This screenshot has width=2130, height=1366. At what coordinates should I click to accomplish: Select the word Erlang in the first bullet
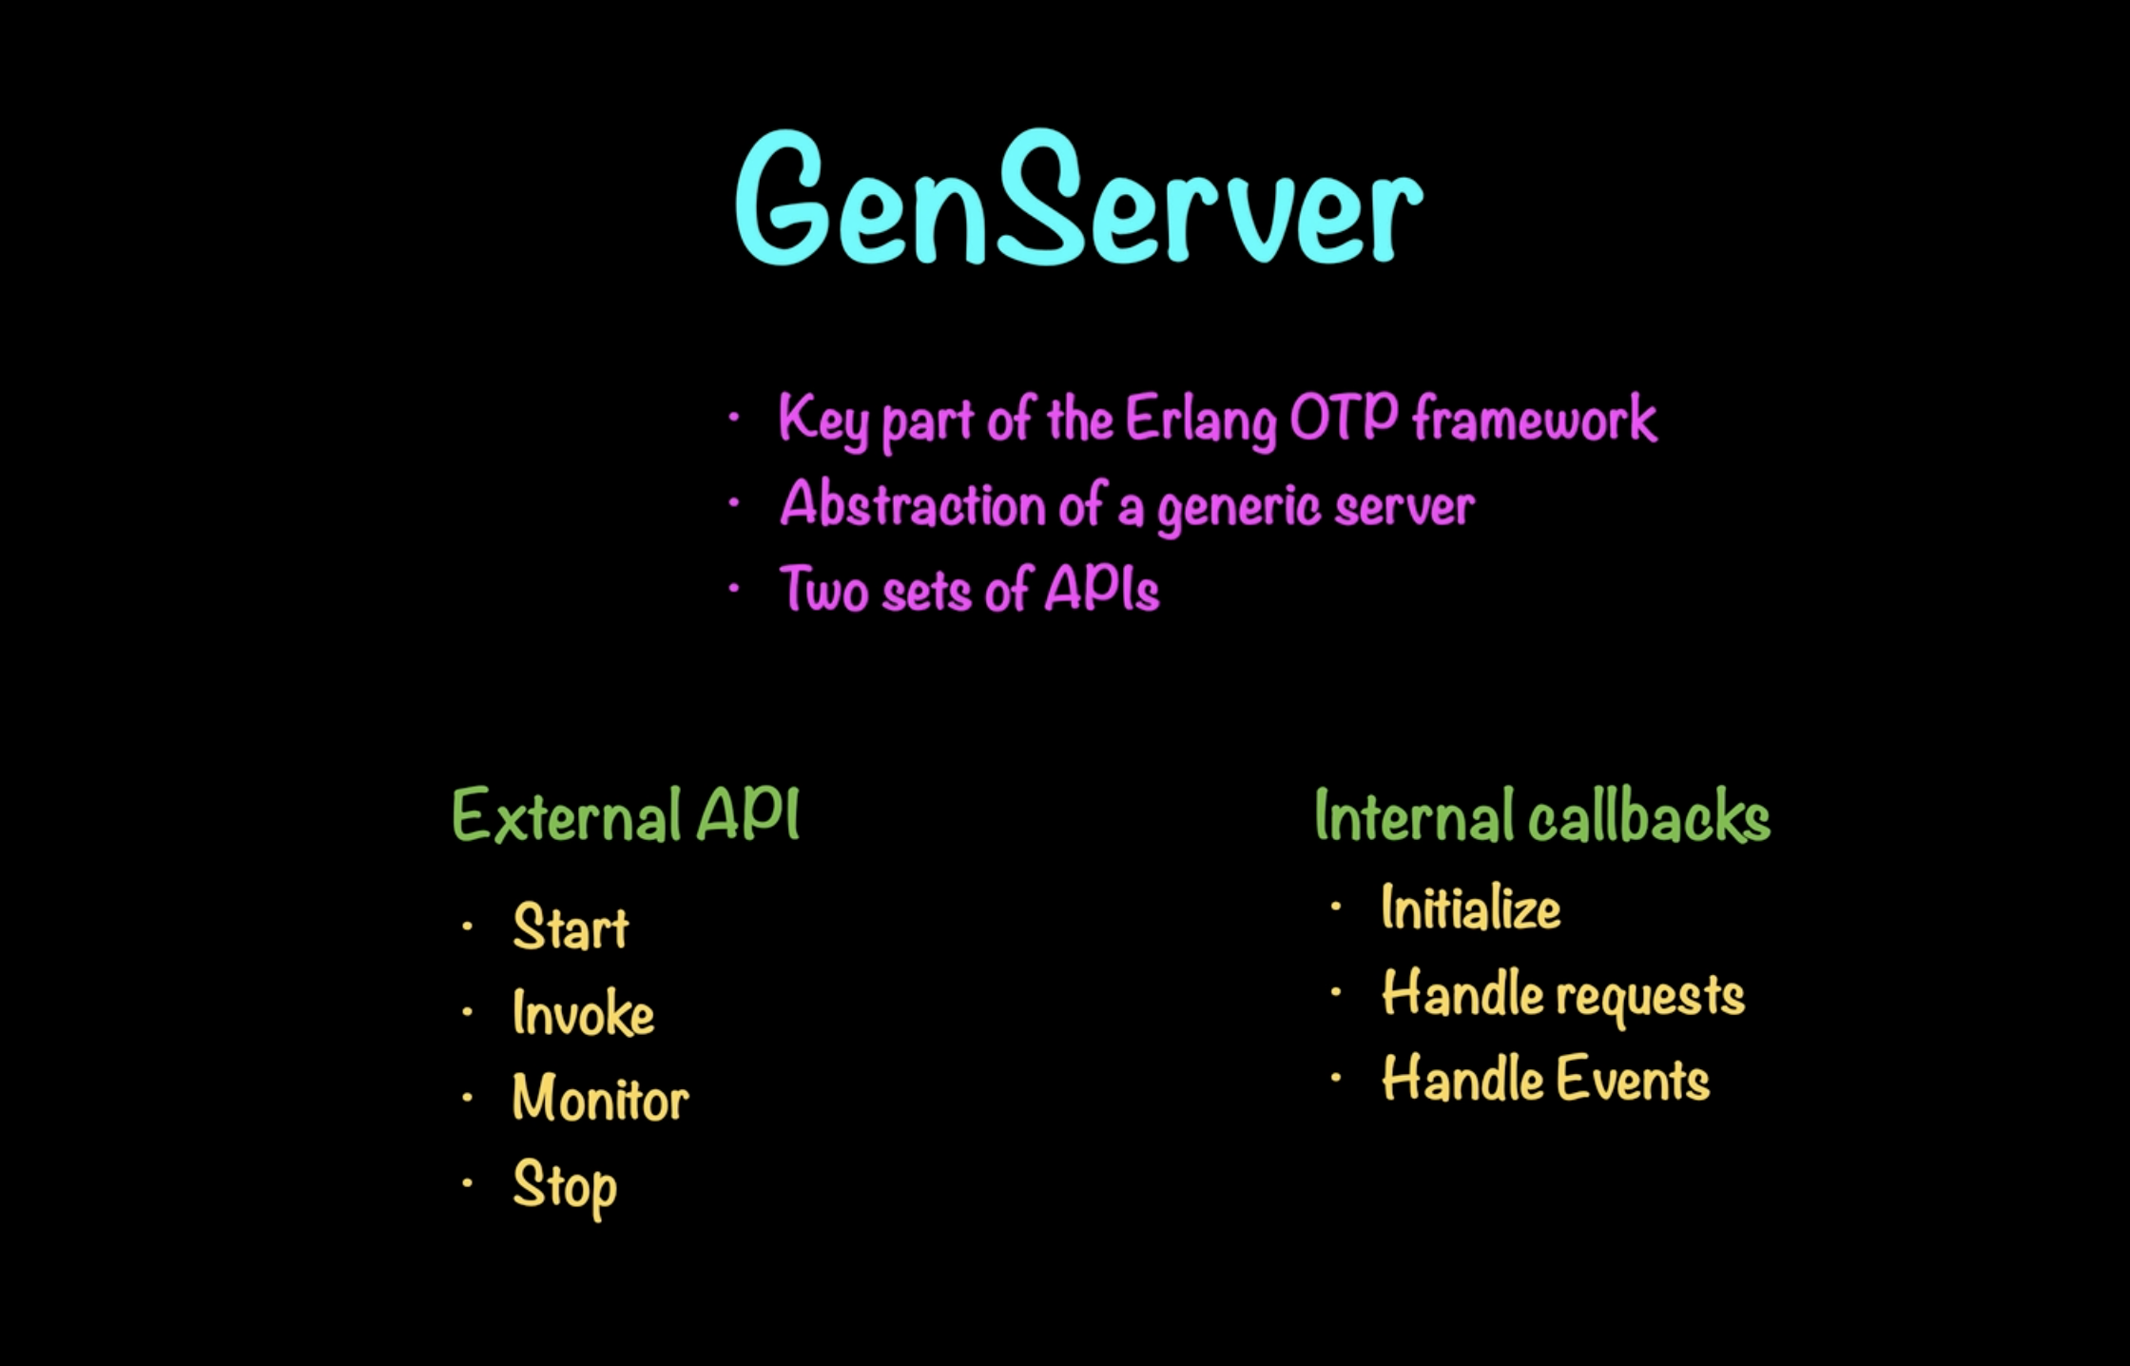1200,420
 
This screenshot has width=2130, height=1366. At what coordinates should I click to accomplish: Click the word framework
1534,418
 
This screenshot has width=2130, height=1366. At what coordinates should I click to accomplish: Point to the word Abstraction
913,504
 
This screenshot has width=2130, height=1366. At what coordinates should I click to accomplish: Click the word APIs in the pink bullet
1102,589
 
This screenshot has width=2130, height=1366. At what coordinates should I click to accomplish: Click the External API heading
626,816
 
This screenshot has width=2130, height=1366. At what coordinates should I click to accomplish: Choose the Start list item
571,927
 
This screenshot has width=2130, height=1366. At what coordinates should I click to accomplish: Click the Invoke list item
583,1013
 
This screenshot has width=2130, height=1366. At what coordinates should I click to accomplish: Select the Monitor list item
600,1099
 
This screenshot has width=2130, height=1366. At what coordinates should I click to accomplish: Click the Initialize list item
1470,908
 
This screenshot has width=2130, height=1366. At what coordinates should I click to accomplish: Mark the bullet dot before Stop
467,1183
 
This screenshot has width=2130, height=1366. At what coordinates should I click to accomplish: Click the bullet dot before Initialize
1336,907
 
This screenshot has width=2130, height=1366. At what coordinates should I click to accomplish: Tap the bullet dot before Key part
733,417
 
